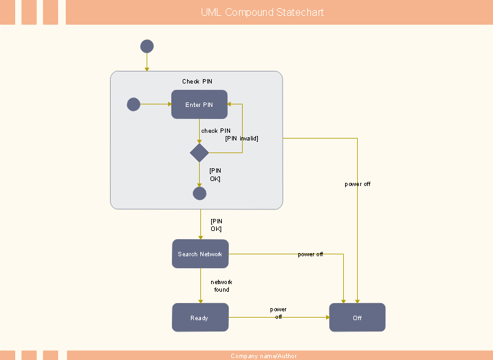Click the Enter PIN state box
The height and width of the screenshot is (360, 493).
point(199,104)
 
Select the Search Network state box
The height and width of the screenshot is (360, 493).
point(200,254)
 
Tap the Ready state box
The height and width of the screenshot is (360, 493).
point(200,317)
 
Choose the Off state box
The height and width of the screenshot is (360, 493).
point(357,317)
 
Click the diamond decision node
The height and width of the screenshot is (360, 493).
point(199,153)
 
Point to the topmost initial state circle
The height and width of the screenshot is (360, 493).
point(147,46)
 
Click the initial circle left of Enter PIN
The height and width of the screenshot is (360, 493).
point(133,104)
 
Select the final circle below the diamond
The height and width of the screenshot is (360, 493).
point(199,194)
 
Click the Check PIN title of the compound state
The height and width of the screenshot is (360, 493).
point(197,81)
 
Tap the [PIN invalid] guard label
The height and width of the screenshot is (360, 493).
point(241,139)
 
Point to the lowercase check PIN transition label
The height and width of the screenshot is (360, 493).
point(216,130)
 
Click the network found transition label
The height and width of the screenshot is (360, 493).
point(221,286)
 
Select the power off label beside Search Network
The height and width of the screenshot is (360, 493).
point(310,254)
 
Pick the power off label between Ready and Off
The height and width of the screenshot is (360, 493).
point(278,313)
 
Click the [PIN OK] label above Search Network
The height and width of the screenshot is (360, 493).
point(216,225)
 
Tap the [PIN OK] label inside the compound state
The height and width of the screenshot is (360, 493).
point(216,175)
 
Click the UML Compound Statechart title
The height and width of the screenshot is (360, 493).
point(262,12)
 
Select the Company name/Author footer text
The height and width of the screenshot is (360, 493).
point(264,356)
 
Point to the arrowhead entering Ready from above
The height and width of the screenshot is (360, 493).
point(200,301)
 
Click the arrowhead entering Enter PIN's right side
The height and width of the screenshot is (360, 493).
point(229,104)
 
